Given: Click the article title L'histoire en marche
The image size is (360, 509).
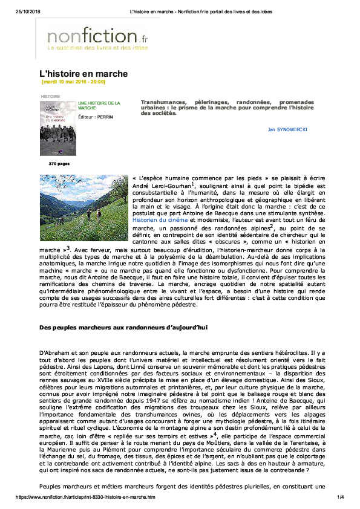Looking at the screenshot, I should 83,73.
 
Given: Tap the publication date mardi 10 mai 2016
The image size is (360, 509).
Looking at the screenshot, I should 73,82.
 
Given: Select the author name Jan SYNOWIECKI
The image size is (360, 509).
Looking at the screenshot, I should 289,129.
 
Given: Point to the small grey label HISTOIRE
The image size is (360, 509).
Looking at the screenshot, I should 50,96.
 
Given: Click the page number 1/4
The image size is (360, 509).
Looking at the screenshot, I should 340,497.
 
